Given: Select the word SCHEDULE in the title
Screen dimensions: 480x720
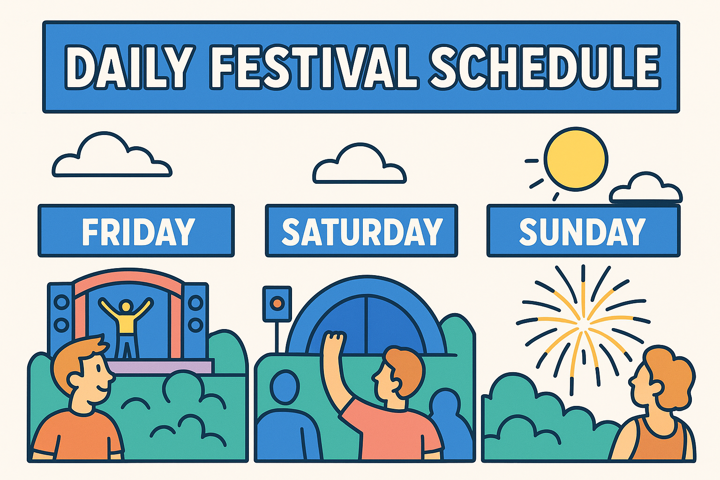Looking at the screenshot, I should click(545, 67).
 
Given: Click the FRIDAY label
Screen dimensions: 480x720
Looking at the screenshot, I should click(136, 231).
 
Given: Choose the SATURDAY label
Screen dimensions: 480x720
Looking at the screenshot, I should click(361, 231).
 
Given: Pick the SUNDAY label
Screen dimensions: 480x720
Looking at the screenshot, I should click(583, 231).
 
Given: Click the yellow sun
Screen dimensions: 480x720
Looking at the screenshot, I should click(576, 159).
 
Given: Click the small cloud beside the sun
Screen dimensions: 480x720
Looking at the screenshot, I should click(646, 190).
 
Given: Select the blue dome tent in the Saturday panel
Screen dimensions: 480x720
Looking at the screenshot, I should click(366, 319).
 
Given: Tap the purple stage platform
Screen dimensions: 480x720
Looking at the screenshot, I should click(159, 366).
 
